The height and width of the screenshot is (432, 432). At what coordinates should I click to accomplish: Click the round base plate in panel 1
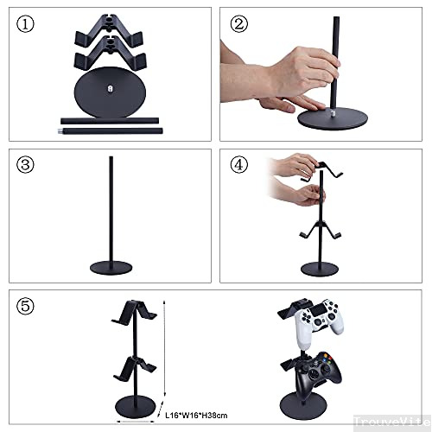coord(112,90)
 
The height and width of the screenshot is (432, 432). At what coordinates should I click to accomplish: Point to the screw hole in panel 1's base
coord(112,86)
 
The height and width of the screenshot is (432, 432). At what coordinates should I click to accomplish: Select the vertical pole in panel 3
coord(113,207)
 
